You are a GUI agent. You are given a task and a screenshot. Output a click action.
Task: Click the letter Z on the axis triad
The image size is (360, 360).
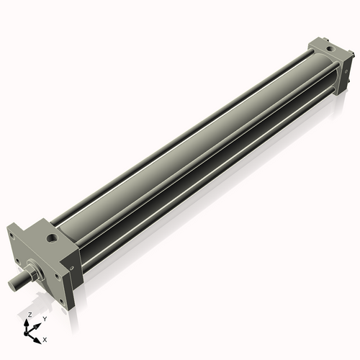coord(29,315)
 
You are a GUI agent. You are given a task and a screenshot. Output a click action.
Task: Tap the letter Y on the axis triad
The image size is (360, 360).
coord(44,318)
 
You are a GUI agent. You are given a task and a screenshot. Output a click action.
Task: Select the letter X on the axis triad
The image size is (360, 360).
coord(45,338)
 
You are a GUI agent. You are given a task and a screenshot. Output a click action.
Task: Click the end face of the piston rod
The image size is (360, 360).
coord(12,283)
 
